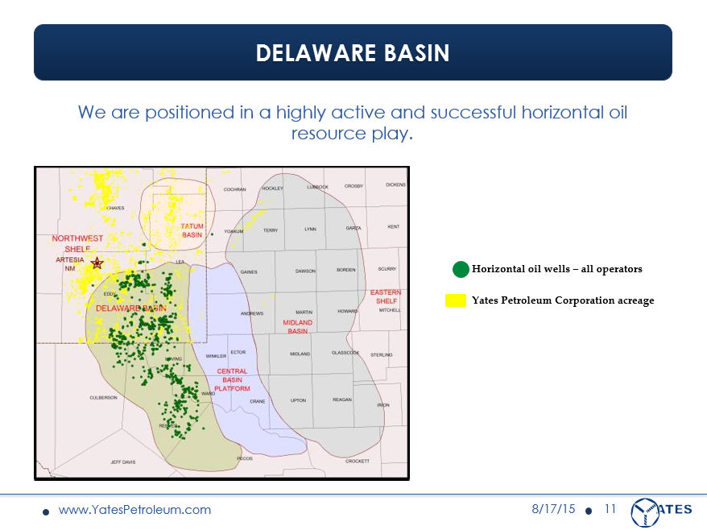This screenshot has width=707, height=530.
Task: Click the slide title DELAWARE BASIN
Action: tap(353, 53)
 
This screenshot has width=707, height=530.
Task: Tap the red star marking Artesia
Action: tap(97, 263)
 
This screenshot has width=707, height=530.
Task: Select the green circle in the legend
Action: tap(461, 269)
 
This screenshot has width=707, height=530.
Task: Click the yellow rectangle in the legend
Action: tap(457, 300)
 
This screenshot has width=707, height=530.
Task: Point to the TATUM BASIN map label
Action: tap(192, 230)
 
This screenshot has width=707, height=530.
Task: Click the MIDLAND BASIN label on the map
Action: tap(297, 326)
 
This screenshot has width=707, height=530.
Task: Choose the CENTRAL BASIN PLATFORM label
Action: tap(232, 379)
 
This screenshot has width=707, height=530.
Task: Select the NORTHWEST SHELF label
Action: tap(77, 243)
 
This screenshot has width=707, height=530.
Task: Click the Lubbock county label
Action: tap(317, 187)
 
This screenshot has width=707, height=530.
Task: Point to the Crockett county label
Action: tap(357, 461)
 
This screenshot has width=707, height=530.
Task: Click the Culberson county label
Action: tap(103, 397)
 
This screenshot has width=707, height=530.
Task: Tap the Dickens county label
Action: tap(395, 185)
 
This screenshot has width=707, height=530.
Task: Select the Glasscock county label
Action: tap(345, 354)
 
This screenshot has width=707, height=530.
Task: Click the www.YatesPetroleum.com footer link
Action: tap(134, 510)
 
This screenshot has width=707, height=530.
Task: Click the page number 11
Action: tap(610, 509)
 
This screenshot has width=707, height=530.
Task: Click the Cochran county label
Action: tap(234, 189)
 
